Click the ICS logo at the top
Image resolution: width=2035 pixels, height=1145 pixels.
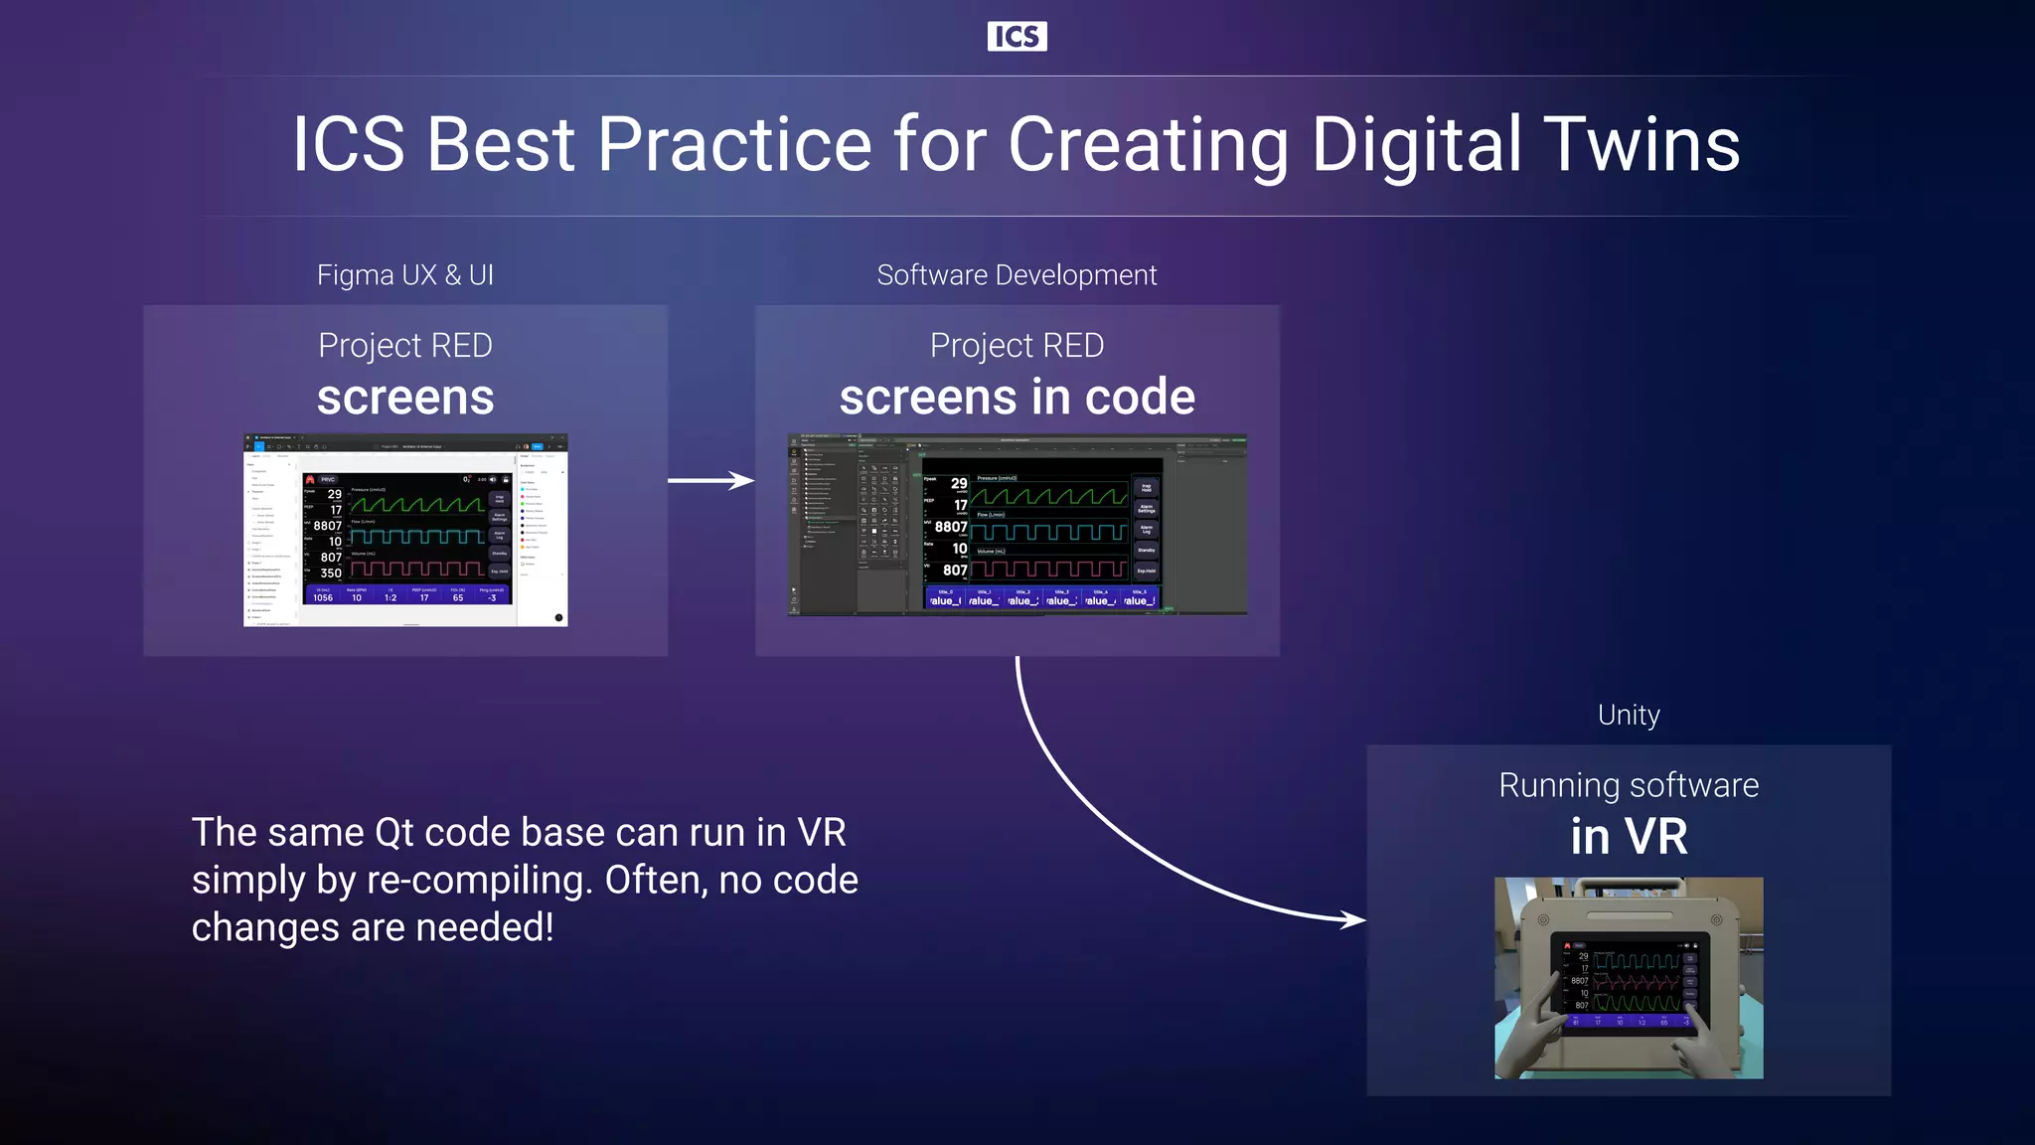click(x=1017, y=37)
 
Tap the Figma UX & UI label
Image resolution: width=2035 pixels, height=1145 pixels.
click(x=404, y=275)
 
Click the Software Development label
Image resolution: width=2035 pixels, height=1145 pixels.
click(x=1017, y=275)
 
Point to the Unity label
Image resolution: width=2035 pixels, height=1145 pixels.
click(x=1629, y=715)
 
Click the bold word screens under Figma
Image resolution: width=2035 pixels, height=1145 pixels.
click(x=404, y=398)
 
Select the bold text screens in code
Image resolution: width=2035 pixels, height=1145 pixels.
click(x=1017, y=398)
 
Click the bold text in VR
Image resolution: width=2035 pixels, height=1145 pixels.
click(x=1629, y=837)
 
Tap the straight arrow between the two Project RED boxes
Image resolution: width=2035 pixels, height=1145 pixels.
click(x=709, y=481)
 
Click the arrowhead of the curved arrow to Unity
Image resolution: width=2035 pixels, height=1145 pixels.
click(x=1353, y=919)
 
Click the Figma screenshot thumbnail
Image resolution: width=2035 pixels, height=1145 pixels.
click(x=405, y=530)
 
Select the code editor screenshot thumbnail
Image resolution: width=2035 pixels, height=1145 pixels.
click(x=1017, y=525)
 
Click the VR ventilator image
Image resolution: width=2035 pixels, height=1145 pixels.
click(x=1629, y=978)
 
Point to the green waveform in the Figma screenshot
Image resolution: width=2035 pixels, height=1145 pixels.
click(x=417, y=504)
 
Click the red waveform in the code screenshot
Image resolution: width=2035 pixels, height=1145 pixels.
click(x=1048, y=569)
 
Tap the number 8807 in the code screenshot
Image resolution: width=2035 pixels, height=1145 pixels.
click(x=951, y=527)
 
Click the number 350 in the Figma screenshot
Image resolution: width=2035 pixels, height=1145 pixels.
click(x=331, y=573)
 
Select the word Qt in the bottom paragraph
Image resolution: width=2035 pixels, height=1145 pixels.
click(x=393, y=833)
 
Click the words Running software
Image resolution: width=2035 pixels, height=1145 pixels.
click(x=1629, y=785)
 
